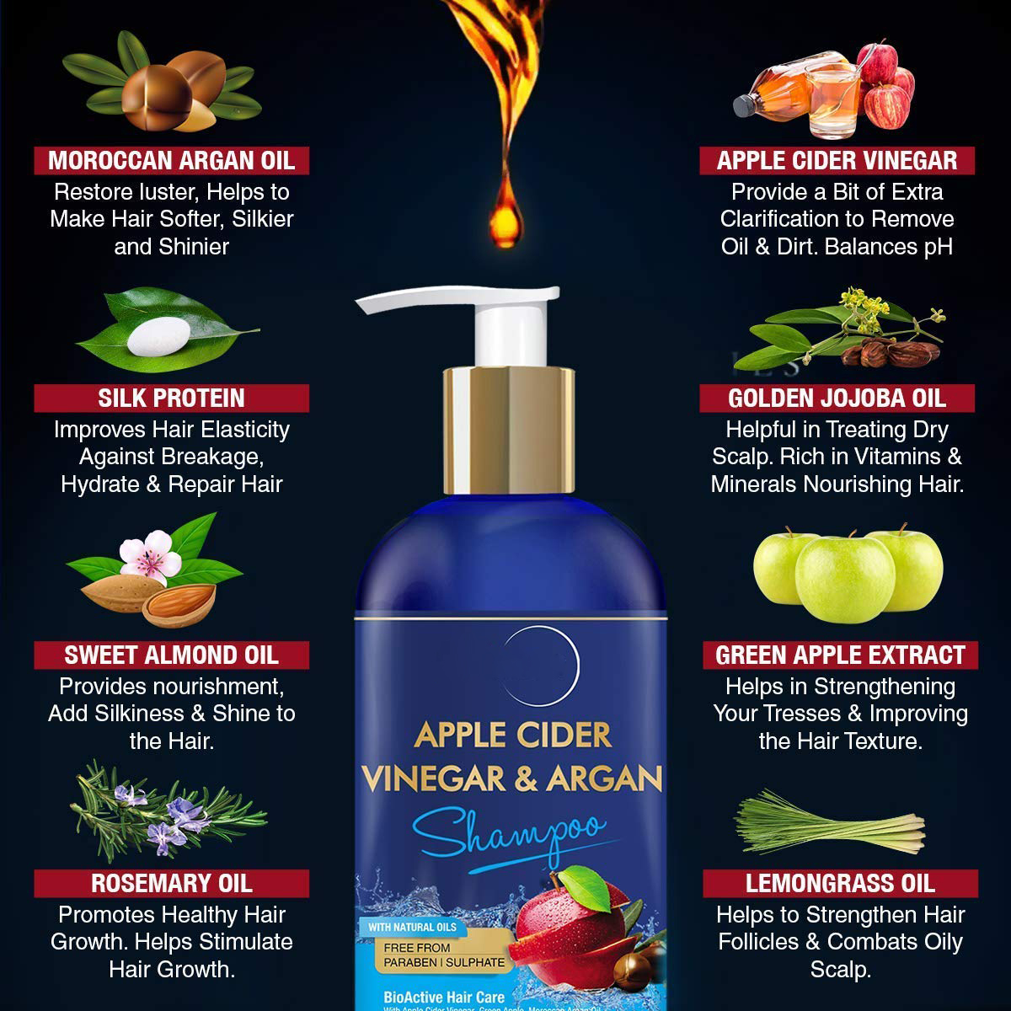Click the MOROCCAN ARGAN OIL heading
[x=171, y=160]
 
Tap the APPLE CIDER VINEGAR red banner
[x=837, y=160]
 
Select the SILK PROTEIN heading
[x=171, y=398]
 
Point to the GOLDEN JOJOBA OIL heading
[x=837, y=398]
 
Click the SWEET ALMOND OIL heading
[x=171, y=655]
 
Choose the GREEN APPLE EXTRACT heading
[x=840, y=655]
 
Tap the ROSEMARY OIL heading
[x=171, y=883]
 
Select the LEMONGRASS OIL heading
[x=840, y=883]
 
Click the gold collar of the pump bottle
[x=509, y=430]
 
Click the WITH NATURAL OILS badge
[x=412, y=927]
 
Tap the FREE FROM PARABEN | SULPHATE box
[x=444, y=955]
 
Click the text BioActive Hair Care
[x=444, y=997]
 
